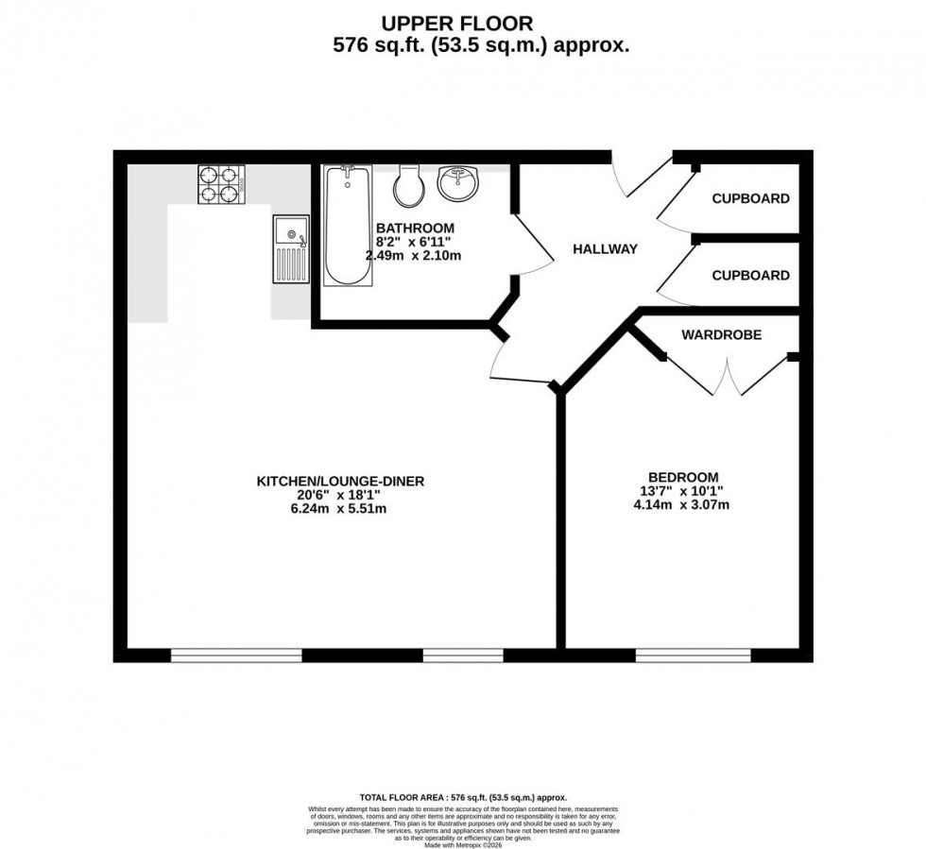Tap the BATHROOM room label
[415, 229]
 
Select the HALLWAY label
[606, 249]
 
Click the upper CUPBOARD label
[750, 198]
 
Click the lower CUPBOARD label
[750, 276]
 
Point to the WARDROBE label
[721, 334]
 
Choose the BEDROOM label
[683, 477]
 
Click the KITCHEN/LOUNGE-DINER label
[341, 481]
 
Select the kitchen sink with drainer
[291, 249]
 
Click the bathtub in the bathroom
[347, 225]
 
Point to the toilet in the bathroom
[410, 186]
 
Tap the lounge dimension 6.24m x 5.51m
[341, 509]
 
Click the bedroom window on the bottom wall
[693, 654]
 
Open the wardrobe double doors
[728, 376]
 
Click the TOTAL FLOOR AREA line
[463, 798]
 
